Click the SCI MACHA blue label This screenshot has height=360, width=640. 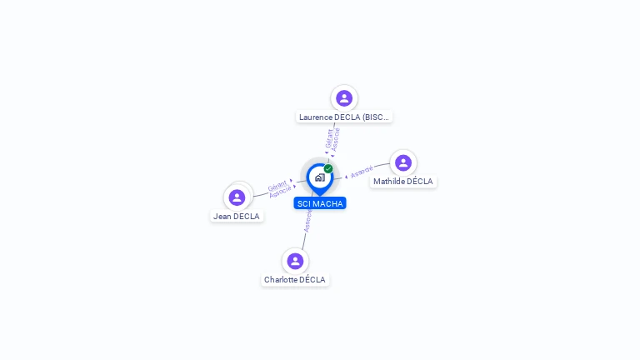[x=320, y=203]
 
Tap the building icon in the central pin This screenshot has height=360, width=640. [x=320, y=177]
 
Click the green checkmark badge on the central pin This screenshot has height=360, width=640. [x=328, y=168]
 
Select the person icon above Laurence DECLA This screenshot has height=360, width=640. [x=344, y=98]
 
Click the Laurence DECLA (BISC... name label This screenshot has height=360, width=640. [x=344, y=117]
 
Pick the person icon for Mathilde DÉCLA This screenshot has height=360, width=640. [x=403, y=162]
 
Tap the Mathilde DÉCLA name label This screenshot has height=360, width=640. [x=403, y=182]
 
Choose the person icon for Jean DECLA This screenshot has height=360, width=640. [x=237, y=197]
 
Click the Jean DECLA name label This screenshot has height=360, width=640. [x=237, y=217]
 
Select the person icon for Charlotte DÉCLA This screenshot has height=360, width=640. [x=295, y=261]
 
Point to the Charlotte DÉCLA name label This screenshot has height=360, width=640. [x=295, y=280]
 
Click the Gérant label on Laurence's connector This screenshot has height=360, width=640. [x=330, y=137]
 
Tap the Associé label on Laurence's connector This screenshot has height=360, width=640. [x=336, y=139]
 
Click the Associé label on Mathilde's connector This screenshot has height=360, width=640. [x=362, y=172]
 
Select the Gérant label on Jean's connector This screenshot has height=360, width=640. [x=277, y=185]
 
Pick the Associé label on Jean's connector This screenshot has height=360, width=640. [x=281, y=192]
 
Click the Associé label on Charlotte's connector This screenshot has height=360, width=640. [x=307, y=221]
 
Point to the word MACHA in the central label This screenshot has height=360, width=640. [x=327, y=203]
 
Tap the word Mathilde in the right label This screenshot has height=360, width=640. [x=389, y=182]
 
